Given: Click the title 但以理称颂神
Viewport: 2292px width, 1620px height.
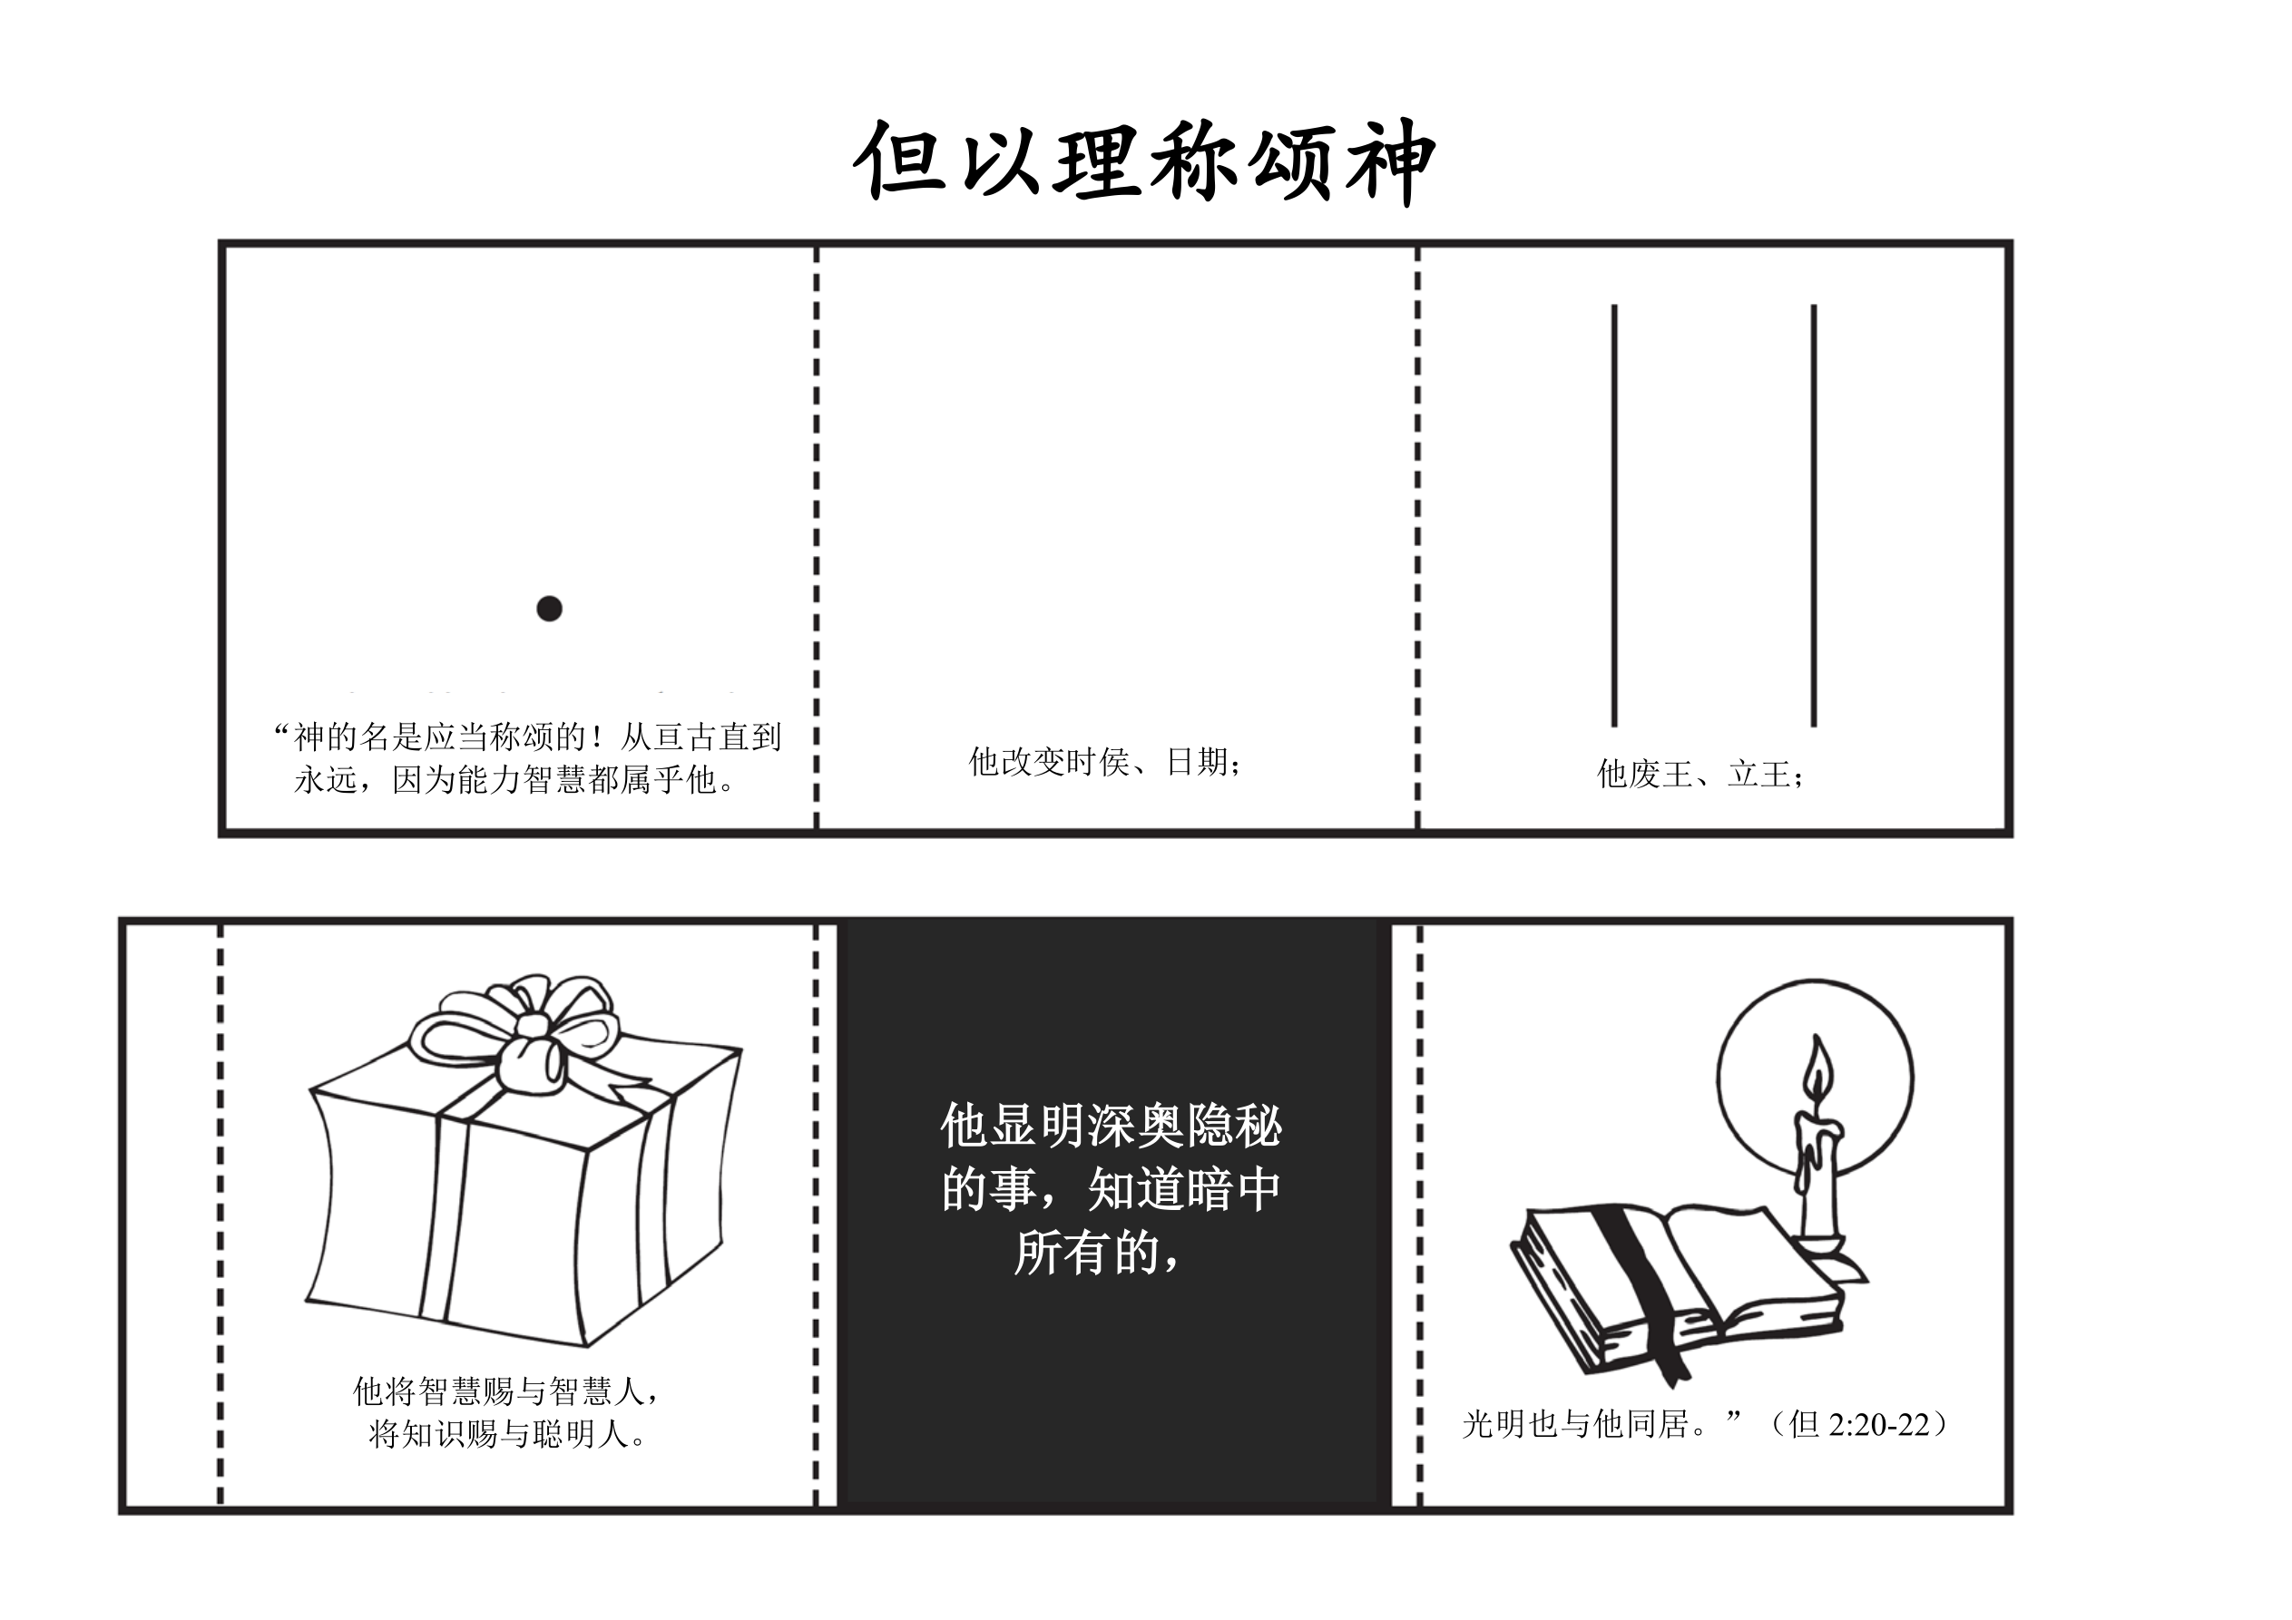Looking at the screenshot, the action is coord(1144,161).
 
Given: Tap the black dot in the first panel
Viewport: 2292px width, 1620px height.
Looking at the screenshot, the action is coord(549,608).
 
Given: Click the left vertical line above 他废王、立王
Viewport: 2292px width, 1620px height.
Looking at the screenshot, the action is coord(1614,515).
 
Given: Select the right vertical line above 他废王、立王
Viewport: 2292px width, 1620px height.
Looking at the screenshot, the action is coord(1814,515).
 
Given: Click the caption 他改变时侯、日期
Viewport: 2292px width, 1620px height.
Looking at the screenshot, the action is coord(1106,762).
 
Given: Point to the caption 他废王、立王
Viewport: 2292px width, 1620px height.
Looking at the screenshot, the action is coord(1701,774).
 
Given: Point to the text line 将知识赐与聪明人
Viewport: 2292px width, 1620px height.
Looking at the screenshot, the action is coord(508,1434).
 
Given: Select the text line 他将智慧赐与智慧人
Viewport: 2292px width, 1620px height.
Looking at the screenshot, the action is coord(507,1391).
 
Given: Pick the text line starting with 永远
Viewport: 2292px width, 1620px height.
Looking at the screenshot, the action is coord(515,779).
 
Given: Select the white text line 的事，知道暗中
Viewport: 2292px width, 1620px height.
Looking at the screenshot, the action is coord(1111,1190).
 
